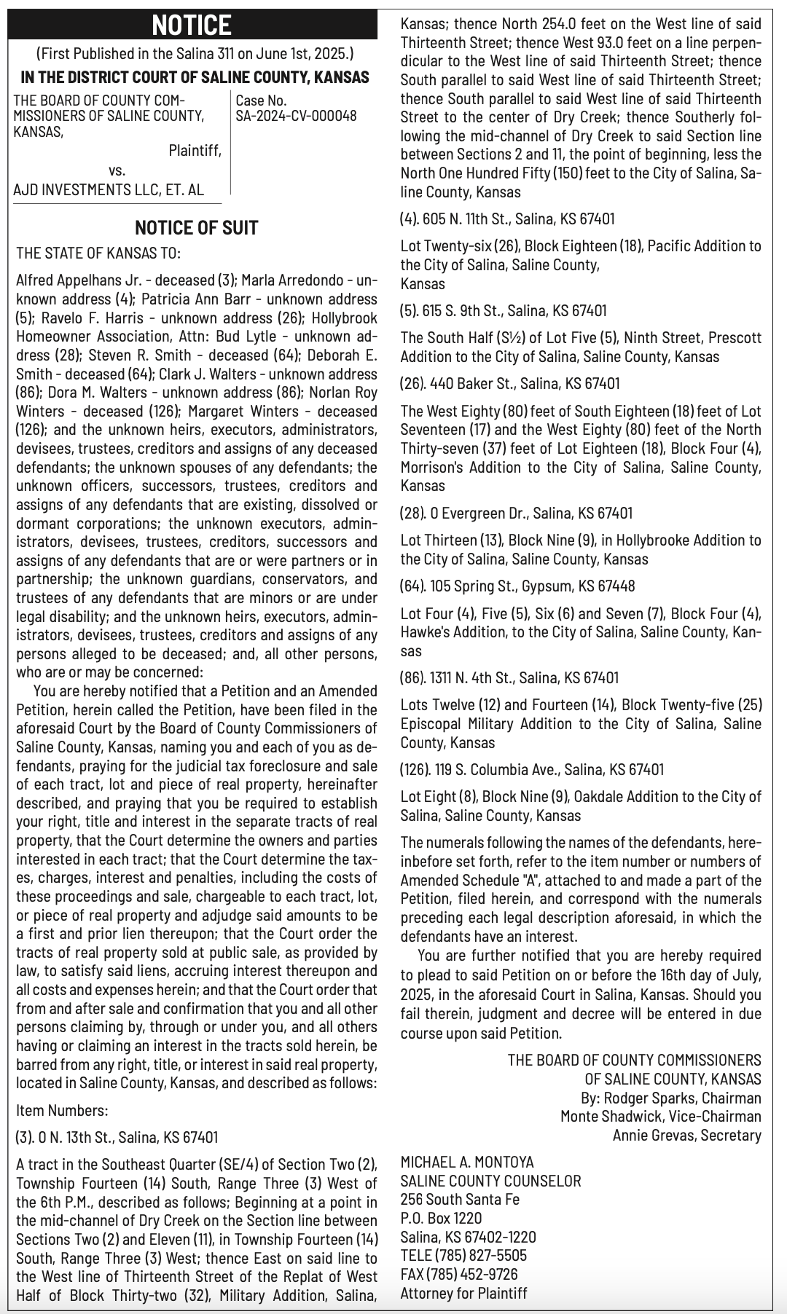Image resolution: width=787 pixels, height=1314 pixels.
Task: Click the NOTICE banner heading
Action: [192, 25]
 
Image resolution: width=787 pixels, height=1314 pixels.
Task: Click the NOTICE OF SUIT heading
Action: [196, 228]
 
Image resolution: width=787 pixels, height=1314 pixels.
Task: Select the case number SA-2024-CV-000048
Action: [296, 116]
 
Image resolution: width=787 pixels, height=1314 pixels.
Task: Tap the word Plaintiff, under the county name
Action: [195, 151]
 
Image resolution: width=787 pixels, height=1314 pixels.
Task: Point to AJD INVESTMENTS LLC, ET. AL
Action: [109, 190]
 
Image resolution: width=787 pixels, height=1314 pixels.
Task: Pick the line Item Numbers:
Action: [62, 1111]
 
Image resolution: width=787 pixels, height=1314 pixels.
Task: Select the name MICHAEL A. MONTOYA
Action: [467, 1162]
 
